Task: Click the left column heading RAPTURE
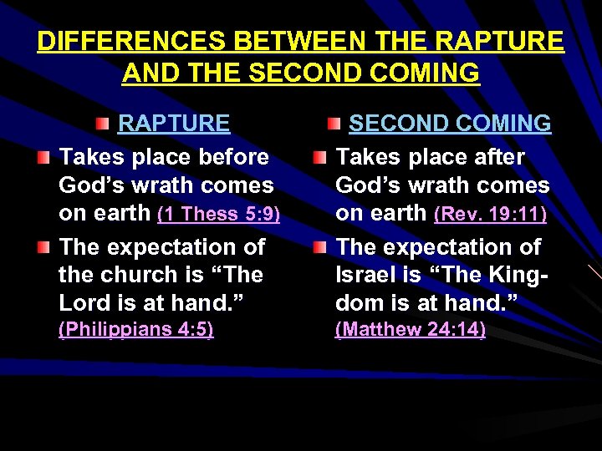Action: coord(174,124)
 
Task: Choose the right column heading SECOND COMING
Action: coord(450,124)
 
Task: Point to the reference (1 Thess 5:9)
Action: coord(219,214)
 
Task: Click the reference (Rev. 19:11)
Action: coord(491,214)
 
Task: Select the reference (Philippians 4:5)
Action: coord(135,330)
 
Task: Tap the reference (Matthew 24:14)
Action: coord(410,330)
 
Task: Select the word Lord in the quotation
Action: coord(83,302)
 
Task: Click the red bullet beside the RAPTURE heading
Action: coord(101,124)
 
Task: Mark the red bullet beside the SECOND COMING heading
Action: coord(334,124)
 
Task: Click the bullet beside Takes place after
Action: coord(321,158)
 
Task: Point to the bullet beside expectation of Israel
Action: coord(321,248)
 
